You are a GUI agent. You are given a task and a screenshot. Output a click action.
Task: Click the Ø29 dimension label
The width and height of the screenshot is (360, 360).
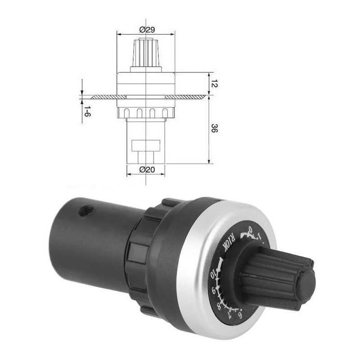pyautogui.click(x=147, y=30)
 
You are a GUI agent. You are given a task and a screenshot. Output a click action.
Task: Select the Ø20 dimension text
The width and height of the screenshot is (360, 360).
pyautogui.click(x=147, y=170)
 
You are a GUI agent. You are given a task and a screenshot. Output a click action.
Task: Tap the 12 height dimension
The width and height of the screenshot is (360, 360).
pyautogui.click(x=215, y=84)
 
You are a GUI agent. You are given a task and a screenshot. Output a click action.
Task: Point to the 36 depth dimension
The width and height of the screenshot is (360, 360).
pyautogui.click(x=215, y=130)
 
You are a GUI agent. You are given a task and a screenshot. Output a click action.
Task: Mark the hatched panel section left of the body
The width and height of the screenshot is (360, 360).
pyautogui.click(x=104, y=97)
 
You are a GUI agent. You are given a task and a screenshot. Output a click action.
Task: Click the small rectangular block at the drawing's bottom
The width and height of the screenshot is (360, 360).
pyautogui.click(x=146, y=146)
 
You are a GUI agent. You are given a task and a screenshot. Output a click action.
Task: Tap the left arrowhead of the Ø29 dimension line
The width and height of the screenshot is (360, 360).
pyautogui.click(x=119, y=34)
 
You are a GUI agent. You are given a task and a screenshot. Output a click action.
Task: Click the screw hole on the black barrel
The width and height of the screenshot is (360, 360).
pyautogui.click(x=85, y=211)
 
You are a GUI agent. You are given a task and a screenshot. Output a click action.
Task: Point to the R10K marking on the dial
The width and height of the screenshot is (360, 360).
pyautogui.click(x=229, y=243)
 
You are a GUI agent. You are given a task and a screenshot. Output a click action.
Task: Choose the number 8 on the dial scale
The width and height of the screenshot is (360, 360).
pyautogui.click(x=219, y=306)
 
